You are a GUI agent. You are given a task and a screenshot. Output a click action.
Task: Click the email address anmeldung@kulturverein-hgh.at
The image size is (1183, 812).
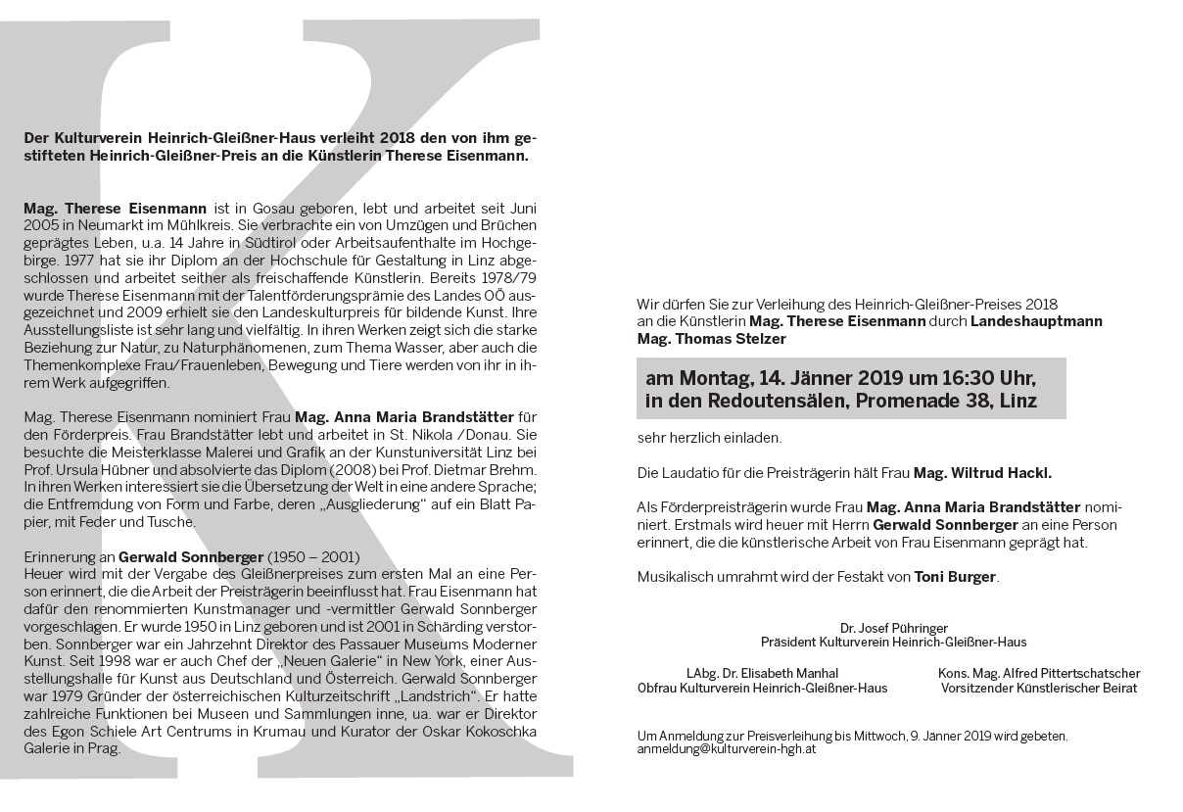coord(726,749)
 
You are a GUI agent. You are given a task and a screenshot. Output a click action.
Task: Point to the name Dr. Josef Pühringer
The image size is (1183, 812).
coord(893,628)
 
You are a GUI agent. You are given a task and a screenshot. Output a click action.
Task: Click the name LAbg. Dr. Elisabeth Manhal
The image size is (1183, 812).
coord(762,674)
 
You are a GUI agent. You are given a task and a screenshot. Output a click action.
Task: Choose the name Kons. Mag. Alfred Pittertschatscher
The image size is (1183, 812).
coord(1039,674)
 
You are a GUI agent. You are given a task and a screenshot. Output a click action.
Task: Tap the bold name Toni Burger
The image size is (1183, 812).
coord(955,577)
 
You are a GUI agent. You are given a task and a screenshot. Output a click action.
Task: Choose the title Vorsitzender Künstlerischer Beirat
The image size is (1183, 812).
coord(1039,688)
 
